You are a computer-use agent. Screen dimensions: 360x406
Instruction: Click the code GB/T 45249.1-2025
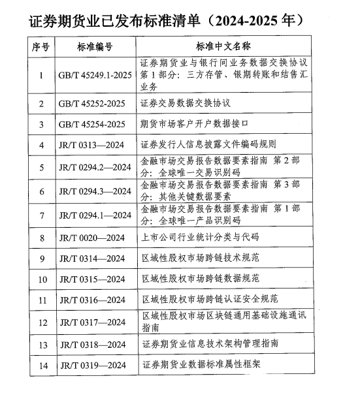point(95,75)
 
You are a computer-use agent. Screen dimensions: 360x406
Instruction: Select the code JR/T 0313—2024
point(91,145)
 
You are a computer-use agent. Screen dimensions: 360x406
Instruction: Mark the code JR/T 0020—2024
point(91,238)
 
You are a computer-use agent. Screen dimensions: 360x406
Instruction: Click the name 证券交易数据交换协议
point(186,103)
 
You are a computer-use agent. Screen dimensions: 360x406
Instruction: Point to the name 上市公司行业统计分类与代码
point(199,238)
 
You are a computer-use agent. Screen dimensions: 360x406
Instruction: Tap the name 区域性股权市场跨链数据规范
point(199,279)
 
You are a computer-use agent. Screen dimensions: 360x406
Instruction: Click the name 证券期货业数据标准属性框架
point(199,365)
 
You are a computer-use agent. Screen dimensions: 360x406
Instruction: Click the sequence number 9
point(41,259)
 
